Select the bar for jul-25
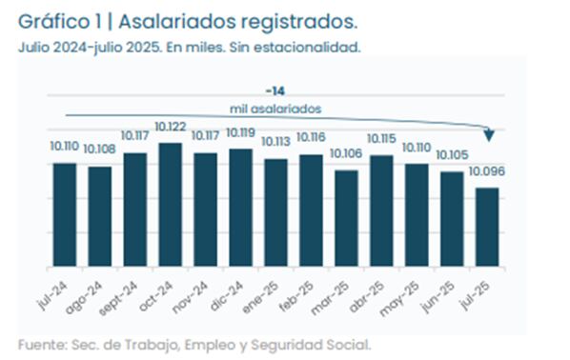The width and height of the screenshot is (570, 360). pos(486,227)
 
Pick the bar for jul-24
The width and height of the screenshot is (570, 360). pos(65,214)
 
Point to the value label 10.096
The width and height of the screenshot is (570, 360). pos(486,172)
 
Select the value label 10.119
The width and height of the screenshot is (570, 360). pos(240,133)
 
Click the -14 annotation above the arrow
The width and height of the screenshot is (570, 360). pos(277,90)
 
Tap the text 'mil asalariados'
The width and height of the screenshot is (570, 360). pos(277,108)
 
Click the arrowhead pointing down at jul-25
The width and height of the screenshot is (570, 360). pos(488,133)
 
